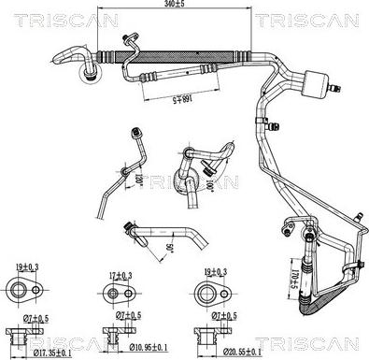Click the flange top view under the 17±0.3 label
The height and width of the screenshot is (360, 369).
click(x=116, y=294)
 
